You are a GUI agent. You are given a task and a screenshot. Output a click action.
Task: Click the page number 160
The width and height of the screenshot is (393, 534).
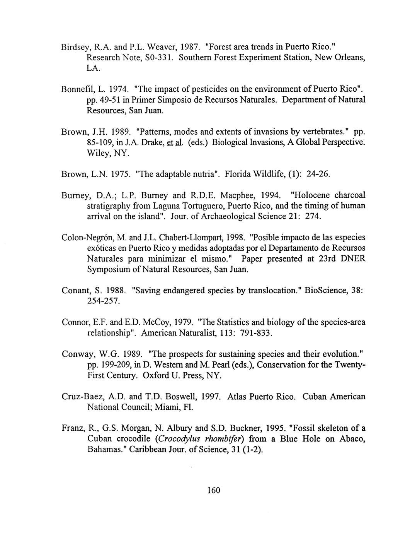click(213, 491)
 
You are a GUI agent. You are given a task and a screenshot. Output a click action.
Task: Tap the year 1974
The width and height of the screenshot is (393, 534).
click(110, 89)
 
